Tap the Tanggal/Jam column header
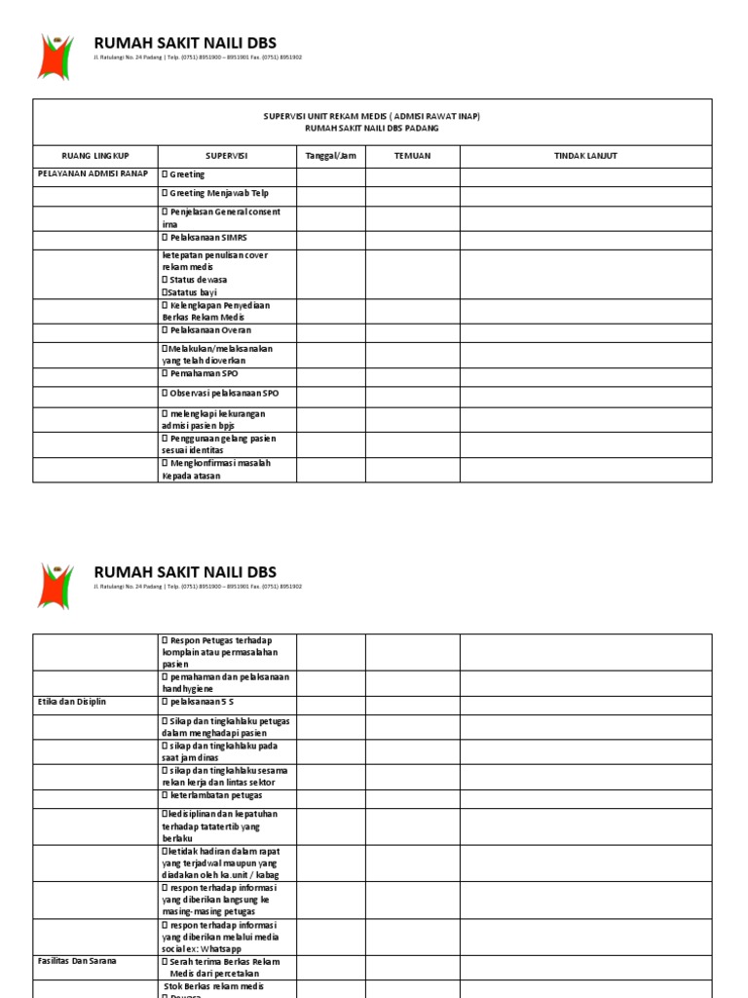pos(331,156)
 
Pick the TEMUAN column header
pos(412,156)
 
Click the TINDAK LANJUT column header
pos(585,156)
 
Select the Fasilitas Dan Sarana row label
pos(77,961)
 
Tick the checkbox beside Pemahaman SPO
pos(165,374)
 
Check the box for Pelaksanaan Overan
pos(165,330)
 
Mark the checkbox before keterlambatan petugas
pos(165,795)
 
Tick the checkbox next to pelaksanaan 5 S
pos(165,702)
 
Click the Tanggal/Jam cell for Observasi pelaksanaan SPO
pos(331,396)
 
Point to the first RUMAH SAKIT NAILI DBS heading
pos(185,43)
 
